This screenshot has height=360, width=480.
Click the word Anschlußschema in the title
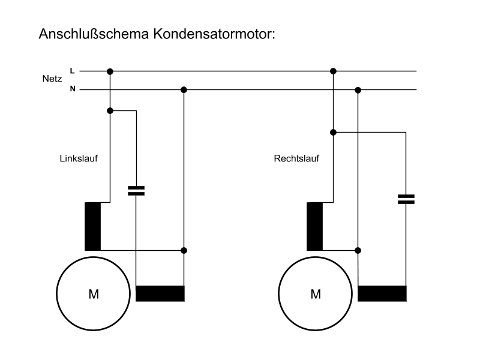click(x=95, y=34)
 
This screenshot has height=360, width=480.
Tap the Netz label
click(x=52, y=79)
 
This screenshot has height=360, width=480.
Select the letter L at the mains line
click(x=73, y=71)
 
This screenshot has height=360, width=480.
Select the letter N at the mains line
click(x=73, y=90)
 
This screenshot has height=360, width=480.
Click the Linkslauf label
click(x=79, y=159)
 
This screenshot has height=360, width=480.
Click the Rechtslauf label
click(x=296, y=159)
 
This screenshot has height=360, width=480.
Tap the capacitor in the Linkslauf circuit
click(x=137, y=191)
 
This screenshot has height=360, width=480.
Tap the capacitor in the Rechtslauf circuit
click(x=406, y=199)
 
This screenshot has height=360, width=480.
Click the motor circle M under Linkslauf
click(x=94, y=293)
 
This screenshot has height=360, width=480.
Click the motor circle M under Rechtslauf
click(x=316, y=293)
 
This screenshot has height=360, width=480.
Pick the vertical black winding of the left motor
click(x=93, y=226)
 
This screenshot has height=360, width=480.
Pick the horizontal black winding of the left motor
click(x=160, y=293)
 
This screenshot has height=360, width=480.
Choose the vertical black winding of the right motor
click(x=314, y=226)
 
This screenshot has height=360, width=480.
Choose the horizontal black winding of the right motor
click(x=382, y=293)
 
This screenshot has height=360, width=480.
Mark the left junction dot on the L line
click(x=110, y=71)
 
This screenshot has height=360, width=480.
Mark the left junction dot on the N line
click(x=184, y=90)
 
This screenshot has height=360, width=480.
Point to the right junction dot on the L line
click(x=334, y=71)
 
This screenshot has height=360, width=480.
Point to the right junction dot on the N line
click(x=358, y=90)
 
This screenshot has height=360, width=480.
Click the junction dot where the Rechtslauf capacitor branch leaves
click(x=334, y=132)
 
